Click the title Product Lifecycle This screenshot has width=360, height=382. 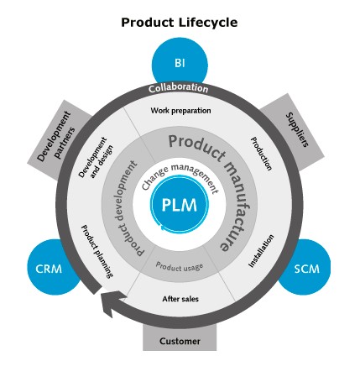(179, 22)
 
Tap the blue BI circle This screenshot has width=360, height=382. (179, 63)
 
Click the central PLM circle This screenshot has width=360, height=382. (179, 206)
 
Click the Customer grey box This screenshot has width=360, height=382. (180, 341)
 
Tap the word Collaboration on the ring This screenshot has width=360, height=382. (179, 88)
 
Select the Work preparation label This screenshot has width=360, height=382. (180, 110)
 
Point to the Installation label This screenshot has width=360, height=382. (262, 252)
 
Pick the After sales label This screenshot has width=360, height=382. (180, 298)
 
